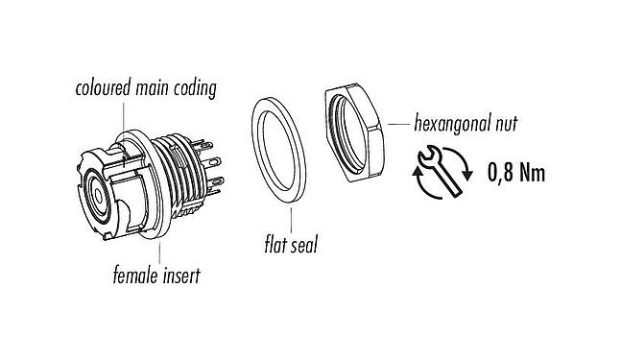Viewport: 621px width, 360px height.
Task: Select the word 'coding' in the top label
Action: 199,89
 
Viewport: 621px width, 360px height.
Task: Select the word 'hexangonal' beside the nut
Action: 453,125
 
